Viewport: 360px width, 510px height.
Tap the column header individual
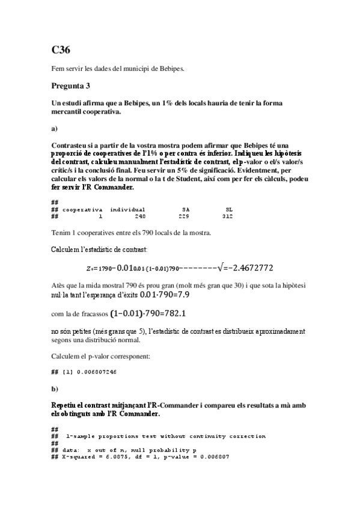tap(127, 209)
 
